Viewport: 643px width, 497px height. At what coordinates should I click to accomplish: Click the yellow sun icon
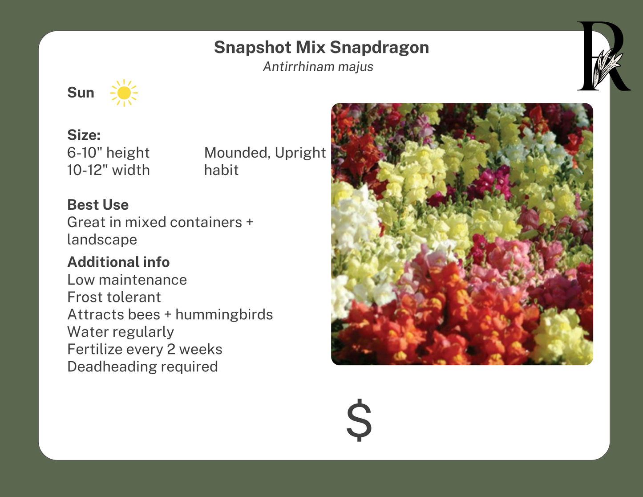[x=124, y=93]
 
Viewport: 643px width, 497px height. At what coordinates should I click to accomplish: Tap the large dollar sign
[x=359, y=420]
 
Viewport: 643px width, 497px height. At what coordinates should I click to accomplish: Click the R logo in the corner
[x=603, y=57]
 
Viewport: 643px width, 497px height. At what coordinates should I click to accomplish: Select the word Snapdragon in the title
[x=379, y=47]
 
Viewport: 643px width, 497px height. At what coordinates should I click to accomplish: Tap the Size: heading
[x=84, y=134]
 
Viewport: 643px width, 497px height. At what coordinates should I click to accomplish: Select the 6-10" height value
[x=108, y=153]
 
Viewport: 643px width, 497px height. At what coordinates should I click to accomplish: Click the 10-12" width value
[x=108, y=170]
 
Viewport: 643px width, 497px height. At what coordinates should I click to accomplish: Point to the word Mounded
[x=237, y=153]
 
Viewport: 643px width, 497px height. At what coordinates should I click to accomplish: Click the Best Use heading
[x=98, y=204]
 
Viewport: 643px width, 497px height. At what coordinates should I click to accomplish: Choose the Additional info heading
[x=118, y=262]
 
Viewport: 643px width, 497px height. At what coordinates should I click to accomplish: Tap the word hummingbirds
[x=224, y=314]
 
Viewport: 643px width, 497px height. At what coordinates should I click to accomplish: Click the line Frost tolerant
[x=114, y=297]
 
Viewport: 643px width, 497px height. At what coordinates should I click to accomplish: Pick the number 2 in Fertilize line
[x=171, y=350]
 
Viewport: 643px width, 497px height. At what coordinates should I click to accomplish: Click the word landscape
[x=102, y=240]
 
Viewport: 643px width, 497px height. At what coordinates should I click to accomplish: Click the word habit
[x=221, y=170]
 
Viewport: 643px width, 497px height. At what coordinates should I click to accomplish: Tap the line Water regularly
[x=120, y=332]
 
